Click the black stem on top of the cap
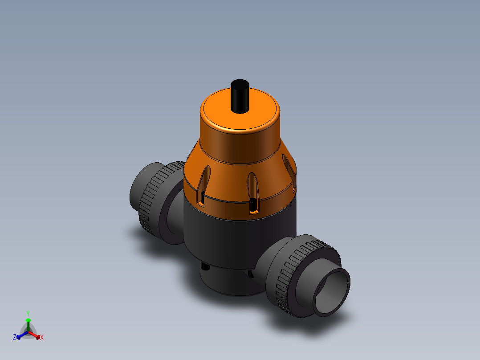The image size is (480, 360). (240, 97)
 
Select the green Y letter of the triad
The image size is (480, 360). (28, 313)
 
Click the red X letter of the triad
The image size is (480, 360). (42, 338)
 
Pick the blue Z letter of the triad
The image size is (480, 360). (15, 337)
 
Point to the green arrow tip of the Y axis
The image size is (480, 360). (28, 320)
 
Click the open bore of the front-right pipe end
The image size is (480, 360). (333, 290)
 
